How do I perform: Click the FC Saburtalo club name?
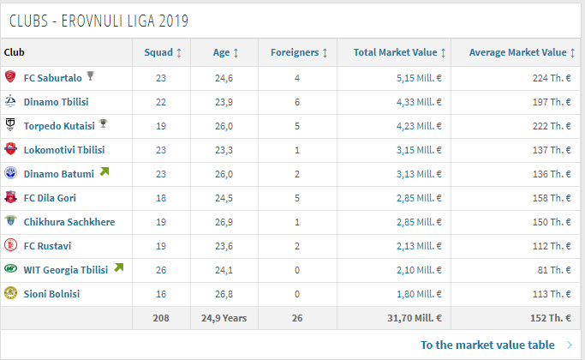pos(53,78)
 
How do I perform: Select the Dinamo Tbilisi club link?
pos(56,102)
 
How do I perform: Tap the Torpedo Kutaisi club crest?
pos(10,125)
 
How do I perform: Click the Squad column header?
pos(162,53)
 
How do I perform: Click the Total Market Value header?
pos(399,53)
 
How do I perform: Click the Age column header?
pos(225,53)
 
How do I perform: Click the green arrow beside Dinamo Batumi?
pos(104,172)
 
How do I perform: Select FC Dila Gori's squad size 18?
pos(160,198)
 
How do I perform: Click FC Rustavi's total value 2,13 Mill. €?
pos(421,246)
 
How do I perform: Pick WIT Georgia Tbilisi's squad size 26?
pos(160,270)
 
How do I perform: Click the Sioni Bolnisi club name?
pos(51,294)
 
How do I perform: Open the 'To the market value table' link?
pos(487,345)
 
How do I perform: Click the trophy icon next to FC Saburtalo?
pos(91,77)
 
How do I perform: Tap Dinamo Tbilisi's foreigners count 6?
pos(297,102)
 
